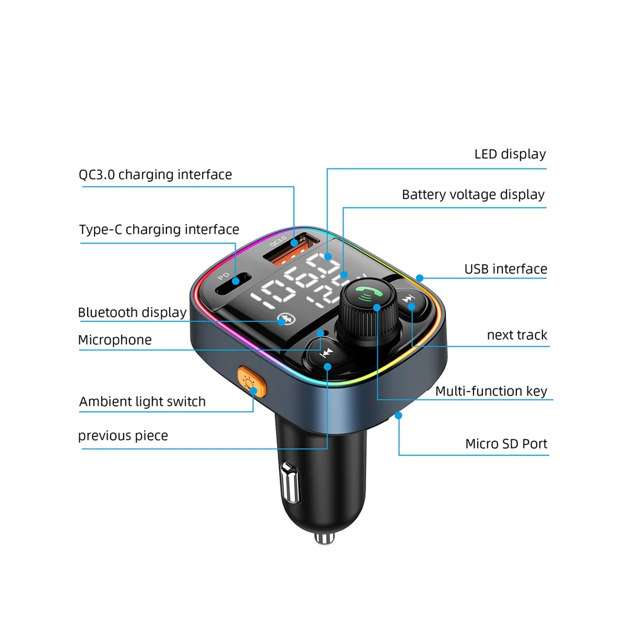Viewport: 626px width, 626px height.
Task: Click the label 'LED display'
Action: coord(510,154)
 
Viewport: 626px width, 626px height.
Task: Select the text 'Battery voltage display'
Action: coord(473,195)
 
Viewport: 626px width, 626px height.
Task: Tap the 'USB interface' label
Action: coord(505,269)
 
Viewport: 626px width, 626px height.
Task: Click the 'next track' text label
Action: coord(516,335)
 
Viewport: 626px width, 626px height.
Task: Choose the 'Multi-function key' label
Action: coord(491,391)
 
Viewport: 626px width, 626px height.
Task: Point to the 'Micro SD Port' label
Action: coord(506,444)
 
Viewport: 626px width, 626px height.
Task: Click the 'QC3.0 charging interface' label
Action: coord(155,175)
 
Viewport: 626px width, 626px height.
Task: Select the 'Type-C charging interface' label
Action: coord(159,230)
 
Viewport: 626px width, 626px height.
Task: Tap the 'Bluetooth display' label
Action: coord(132,312)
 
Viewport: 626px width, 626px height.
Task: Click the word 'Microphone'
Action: coord(115,340)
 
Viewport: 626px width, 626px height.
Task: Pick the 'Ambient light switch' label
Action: coord(142,402)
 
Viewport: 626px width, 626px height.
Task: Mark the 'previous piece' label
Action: coord(123,436)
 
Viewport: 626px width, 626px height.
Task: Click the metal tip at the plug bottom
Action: coord(324,537)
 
